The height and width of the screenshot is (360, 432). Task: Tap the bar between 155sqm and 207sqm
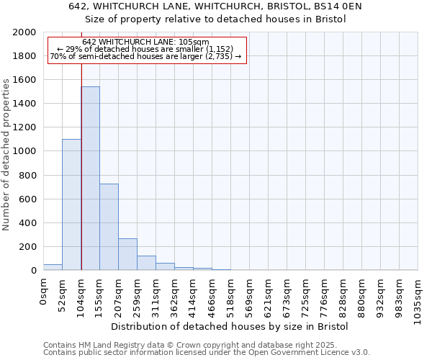[109, 227]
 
